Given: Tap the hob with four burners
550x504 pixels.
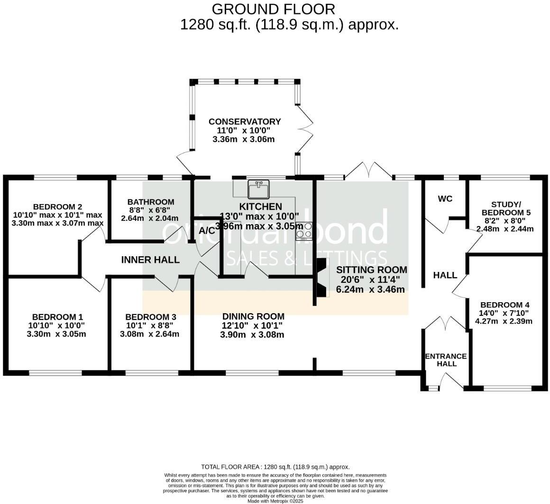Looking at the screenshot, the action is tap(304, 231).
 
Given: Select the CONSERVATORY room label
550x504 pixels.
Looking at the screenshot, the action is tap(245, 122).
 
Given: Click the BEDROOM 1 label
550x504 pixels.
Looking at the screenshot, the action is tap(57, 317).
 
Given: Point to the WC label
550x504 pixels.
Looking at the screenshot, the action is tap(445, 199).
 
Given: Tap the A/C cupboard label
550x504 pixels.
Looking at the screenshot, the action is tap(207, 231).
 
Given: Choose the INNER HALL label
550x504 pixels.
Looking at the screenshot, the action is tap(150, 260).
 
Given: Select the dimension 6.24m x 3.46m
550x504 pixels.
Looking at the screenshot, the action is tap(370, 289).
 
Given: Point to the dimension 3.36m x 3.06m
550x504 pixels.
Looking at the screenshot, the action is tap(243, 139).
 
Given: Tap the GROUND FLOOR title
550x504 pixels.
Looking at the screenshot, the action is tap(273, 9).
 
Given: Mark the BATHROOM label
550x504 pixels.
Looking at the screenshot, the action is tap(151, 202).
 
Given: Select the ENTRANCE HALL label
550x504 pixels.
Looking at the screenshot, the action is tap(446, 360).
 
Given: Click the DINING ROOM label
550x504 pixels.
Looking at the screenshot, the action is tap(253, 316).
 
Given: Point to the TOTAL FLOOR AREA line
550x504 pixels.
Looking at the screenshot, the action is tap(275, 467).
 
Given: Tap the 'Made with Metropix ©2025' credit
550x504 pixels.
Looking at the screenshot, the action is tap(275, 501).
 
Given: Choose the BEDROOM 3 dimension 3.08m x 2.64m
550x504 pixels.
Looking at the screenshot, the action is tap(149, 334).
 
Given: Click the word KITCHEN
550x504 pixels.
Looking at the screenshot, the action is tap(260, 207).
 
